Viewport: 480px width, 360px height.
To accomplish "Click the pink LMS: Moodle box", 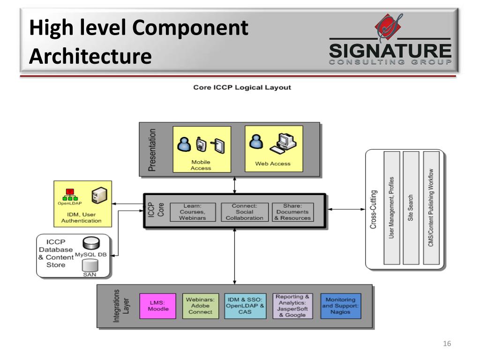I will pyautogui.click(x=158, y=306).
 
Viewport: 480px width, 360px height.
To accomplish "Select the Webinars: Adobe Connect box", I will pyautogui.click(x=200, y=306).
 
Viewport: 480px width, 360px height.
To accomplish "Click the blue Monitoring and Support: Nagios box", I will pyautogui.click(x=341, y=306).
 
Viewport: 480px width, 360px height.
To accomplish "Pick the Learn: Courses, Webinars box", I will pyautogui.click(x=192, y=212).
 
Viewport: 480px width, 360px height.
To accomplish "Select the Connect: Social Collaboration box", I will pyautogui.click(x=244, y=212).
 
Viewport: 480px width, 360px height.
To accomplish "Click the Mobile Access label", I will pyautogui.click(x=201, y=165).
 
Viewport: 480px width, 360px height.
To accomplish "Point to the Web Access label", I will pyautogui.click(x=272, y=164).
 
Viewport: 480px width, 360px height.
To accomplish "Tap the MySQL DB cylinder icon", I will pyautogui.click(x=90, y=243).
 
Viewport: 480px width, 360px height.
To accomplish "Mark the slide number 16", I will pyautogui.click(x=446, y=345).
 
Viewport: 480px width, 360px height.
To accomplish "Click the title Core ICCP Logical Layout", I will pyautogui.click(x=242, y=87).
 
